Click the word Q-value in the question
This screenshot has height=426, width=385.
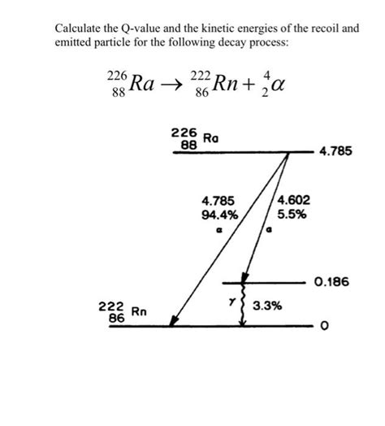point(140,28)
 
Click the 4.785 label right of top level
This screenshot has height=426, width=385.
point(335,151)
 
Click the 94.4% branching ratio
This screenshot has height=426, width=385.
point(218,215)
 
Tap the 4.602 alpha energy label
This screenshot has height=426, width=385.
point(292,201)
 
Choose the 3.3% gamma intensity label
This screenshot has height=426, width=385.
point(267,306)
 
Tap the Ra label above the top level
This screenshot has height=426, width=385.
point(210,138)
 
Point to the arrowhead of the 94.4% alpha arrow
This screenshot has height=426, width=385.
point(172,323)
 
